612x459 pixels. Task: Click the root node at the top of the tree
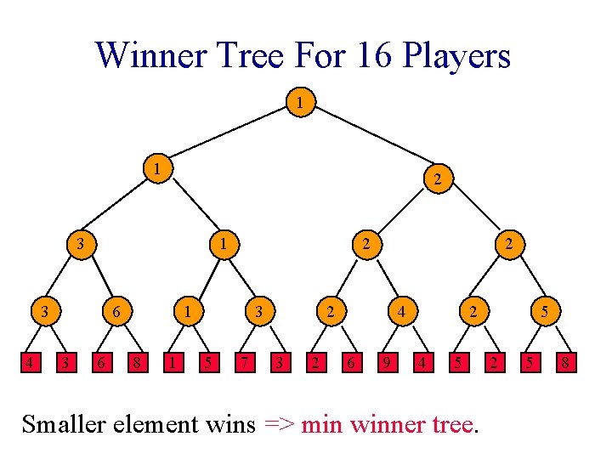299,103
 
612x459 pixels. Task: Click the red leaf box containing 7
243,365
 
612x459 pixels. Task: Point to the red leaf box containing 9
386,365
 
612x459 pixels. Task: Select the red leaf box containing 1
173,365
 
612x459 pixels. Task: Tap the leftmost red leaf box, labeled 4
31,365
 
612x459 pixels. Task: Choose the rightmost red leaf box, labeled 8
563,365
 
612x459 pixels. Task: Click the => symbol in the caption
280,423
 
